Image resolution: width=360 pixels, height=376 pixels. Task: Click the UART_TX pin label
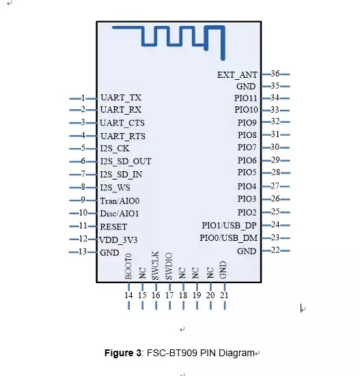121,98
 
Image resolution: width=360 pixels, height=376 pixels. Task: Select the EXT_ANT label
237,75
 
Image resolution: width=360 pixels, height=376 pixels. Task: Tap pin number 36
275,74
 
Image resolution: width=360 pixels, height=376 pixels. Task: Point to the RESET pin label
113,227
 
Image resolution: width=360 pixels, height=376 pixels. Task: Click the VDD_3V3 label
118,240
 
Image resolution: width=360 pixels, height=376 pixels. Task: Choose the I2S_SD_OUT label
126,161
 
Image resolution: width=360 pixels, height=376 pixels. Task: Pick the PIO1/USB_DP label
230,225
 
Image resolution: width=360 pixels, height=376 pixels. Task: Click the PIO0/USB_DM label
228,238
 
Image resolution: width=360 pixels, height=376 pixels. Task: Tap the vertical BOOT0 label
128,266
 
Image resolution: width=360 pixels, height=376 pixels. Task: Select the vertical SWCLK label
155,265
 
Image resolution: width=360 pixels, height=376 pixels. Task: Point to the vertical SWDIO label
169,266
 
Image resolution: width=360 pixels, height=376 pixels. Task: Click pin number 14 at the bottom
128,295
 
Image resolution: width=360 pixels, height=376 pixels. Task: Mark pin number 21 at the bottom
224,295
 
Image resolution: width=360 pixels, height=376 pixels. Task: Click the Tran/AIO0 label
120,201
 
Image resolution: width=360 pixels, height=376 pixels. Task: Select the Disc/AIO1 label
120,214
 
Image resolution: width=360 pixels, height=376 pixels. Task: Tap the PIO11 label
246,98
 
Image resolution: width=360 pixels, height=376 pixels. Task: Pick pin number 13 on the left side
83,252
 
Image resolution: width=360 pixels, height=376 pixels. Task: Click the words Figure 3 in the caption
123,353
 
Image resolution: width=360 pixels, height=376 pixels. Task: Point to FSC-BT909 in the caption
172,353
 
